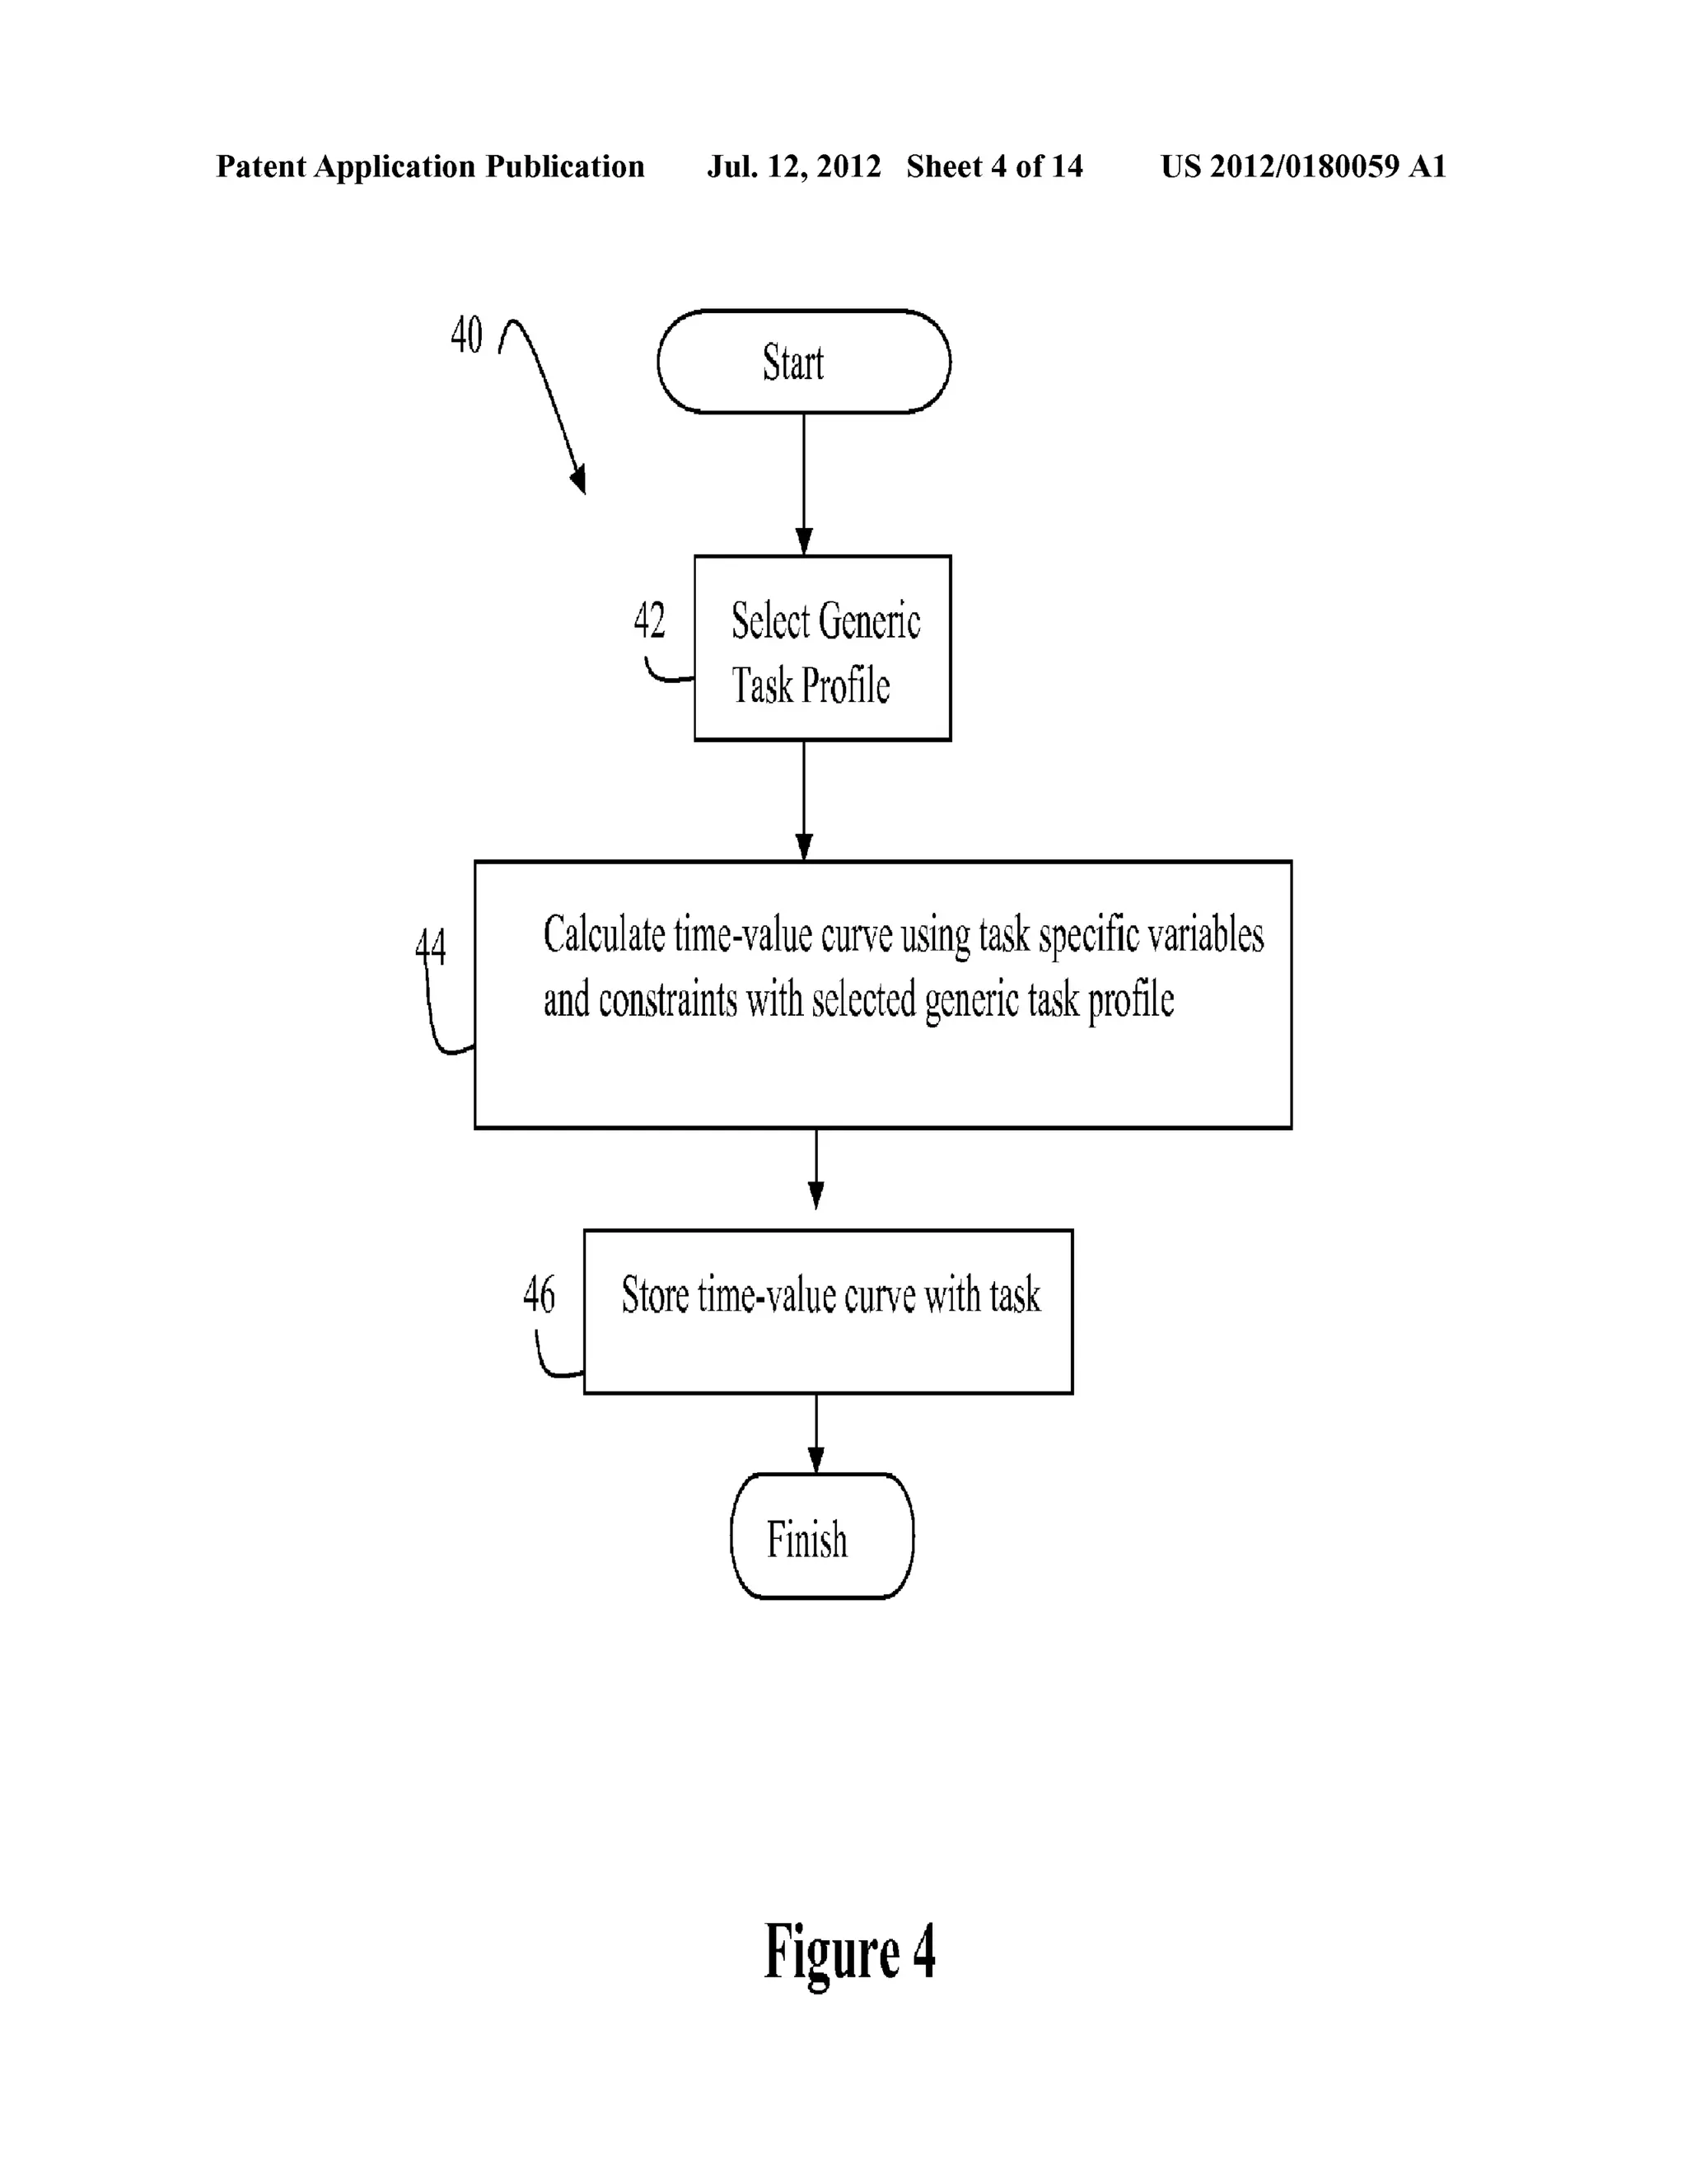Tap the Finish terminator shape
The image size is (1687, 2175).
click(820, 1537)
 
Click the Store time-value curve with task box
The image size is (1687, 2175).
click(828, 1311)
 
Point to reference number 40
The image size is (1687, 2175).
click(466, 334)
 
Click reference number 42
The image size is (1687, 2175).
click(649, 620)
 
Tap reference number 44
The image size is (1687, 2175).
click(430, 945)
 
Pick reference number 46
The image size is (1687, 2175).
click(539, 1293)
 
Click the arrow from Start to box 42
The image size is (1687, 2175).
click(804, 483)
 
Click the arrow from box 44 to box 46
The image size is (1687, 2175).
click(815, 1167)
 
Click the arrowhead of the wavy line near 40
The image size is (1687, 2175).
click(578, 480)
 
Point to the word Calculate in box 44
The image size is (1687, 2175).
click(604, 935)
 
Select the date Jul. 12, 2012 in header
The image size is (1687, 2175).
click(794, 166)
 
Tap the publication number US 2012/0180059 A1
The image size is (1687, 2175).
click(1302, 166)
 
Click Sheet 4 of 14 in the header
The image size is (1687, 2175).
click(994, 166)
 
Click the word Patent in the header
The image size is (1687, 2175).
click(260, 166)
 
